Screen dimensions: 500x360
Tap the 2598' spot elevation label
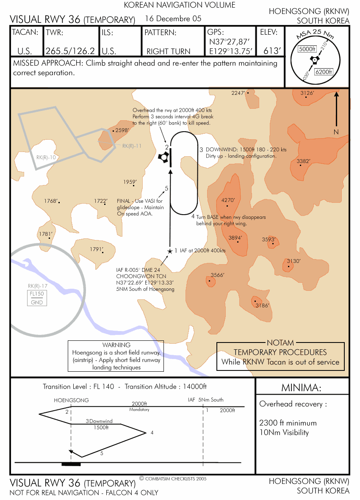tap(122, 130)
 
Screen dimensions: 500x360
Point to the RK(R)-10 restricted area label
tap(46, 157)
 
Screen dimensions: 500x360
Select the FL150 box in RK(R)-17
tap(37, 294)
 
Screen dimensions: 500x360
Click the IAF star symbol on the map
tap(170, 251)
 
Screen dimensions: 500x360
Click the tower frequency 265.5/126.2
tap(70, 51)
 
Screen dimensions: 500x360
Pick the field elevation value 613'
tap(272, 51)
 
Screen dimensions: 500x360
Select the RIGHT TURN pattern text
tap(169, 52)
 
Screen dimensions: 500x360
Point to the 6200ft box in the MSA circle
tap(324, 72)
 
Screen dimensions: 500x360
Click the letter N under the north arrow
tap(336, 132)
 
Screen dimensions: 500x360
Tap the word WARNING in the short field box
tap(116, 345)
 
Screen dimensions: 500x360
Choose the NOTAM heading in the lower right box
tap(280, 343)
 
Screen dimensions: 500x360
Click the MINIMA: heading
tap(302, 388)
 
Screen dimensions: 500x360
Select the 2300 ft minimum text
tap(288, 423)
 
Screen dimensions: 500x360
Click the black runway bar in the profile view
tap(71, 464)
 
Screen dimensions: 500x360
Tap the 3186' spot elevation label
tap(263, 305)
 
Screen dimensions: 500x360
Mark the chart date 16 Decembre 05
tap(173, 19)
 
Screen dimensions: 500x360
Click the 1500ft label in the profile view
tap(101, 428)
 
